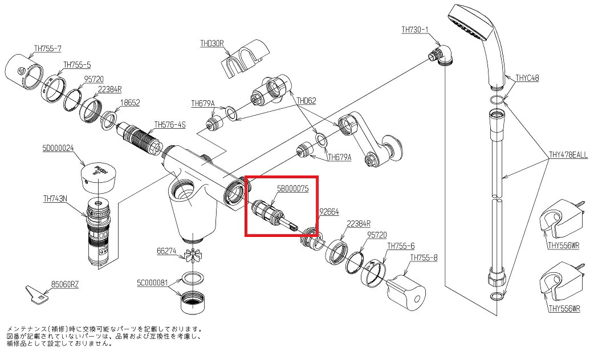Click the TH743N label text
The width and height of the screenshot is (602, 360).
click(55, 198)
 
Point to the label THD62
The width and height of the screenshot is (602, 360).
click(306, 101)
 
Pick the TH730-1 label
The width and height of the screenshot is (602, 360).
click(414, 30)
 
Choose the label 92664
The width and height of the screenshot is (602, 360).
click(329, 211)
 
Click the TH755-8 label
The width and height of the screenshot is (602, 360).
click(424, 257)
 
